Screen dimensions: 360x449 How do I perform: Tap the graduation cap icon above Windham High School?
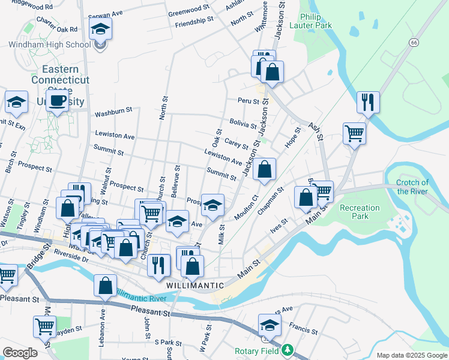100,28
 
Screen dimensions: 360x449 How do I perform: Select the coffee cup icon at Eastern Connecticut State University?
58,100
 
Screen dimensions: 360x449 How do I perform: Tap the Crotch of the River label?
413,187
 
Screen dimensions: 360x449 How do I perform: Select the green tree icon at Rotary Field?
288,349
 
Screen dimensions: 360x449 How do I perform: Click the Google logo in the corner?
19,353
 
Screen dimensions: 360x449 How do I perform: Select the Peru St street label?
247,101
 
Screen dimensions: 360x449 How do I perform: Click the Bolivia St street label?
243,124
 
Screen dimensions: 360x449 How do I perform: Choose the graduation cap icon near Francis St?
270,326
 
